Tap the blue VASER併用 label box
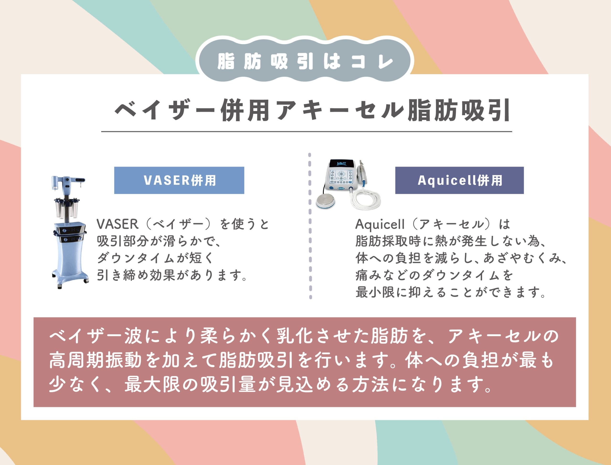[x=179, y=180]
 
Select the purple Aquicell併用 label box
[x=459, y=180]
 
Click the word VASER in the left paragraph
[x=117, y=224]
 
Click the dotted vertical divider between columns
[x=310, y=226]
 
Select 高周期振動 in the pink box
[x=96, y=360]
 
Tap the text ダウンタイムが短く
[x=156, y=258]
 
